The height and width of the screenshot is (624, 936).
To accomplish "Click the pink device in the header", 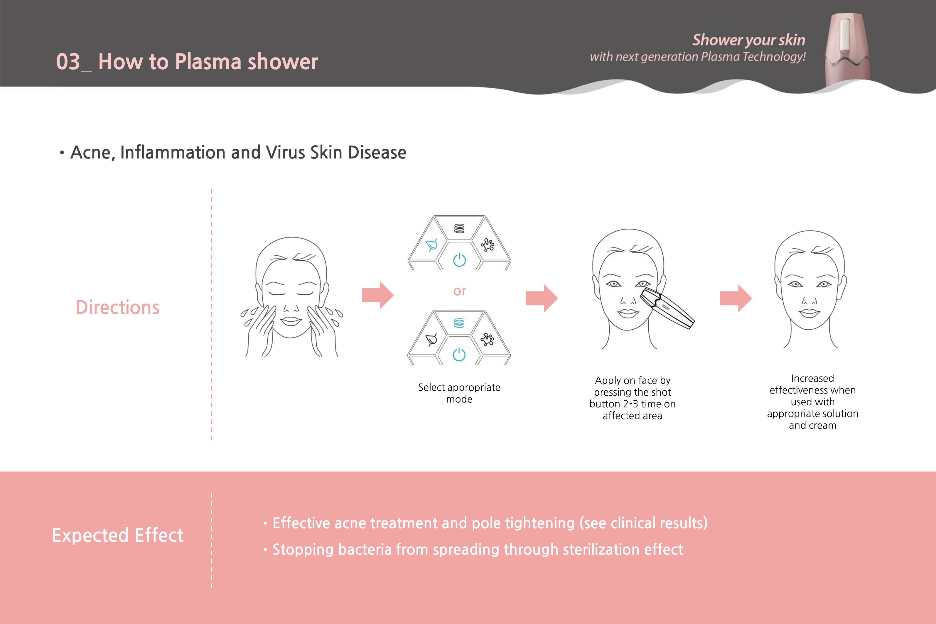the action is point(847,50).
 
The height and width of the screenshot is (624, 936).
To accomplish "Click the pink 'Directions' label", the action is point(117,308).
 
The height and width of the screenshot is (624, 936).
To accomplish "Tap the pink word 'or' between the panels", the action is point(460,291).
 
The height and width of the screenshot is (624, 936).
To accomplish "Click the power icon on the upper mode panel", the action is point(460,260).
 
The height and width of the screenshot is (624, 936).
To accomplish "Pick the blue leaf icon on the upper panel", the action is point(432,245).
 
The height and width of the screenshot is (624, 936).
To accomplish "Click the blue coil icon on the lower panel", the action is point(459,323).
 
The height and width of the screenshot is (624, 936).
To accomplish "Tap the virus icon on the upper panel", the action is point(488,245).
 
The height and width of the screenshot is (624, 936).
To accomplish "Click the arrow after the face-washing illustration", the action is point(378,295).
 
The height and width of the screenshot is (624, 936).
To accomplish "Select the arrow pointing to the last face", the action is point(736,298).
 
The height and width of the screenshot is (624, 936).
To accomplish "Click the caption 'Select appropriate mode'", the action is point(459,393).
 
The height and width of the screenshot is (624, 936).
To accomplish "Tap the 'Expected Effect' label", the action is point(118,535).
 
